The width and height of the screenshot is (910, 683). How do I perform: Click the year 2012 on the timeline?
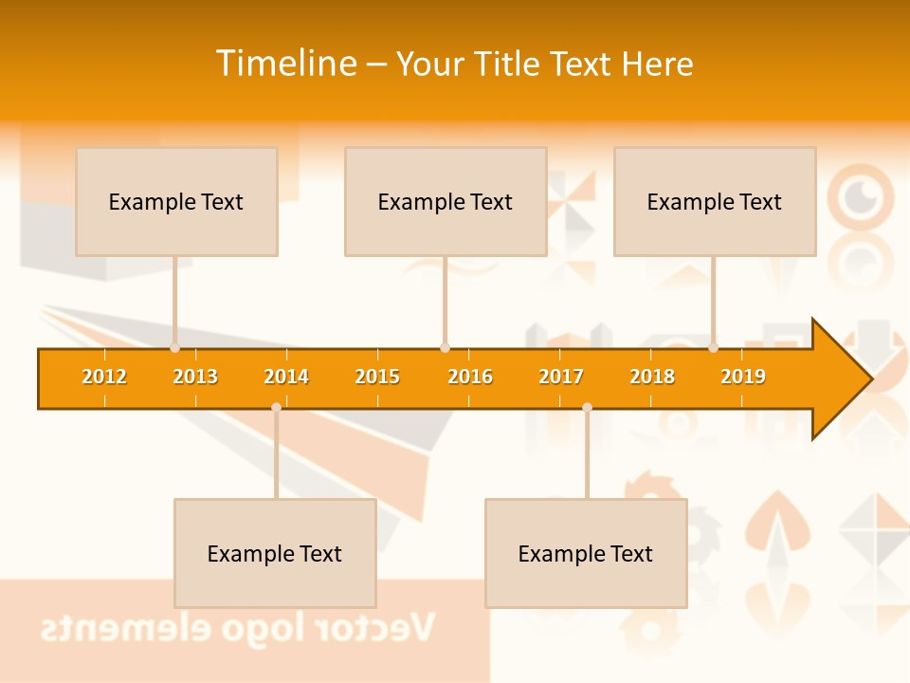104,377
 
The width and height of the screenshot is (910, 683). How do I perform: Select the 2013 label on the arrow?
195,377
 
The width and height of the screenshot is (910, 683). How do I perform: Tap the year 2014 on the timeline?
286,377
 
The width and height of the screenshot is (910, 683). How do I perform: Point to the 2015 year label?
377,377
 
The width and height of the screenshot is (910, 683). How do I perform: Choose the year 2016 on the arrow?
470,377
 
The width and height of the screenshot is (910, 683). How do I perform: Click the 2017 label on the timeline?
561,377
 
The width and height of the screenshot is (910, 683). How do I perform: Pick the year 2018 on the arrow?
652,377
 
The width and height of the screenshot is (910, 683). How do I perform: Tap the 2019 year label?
743,377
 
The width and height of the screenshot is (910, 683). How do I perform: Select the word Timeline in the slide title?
286,64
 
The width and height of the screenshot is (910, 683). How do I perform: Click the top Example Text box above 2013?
176,201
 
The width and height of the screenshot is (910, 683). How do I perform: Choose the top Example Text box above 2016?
446,201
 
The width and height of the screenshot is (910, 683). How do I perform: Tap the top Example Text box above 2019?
715,201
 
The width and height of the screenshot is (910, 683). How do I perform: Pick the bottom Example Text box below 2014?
275,553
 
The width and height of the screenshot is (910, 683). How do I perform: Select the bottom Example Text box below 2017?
586,553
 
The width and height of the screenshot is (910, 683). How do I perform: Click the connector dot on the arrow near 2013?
174,348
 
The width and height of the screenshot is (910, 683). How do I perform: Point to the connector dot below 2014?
276,408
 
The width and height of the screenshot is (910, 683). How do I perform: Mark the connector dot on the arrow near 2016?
445,348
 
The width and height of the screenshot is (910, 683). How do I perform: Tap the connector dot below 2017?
587,408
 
